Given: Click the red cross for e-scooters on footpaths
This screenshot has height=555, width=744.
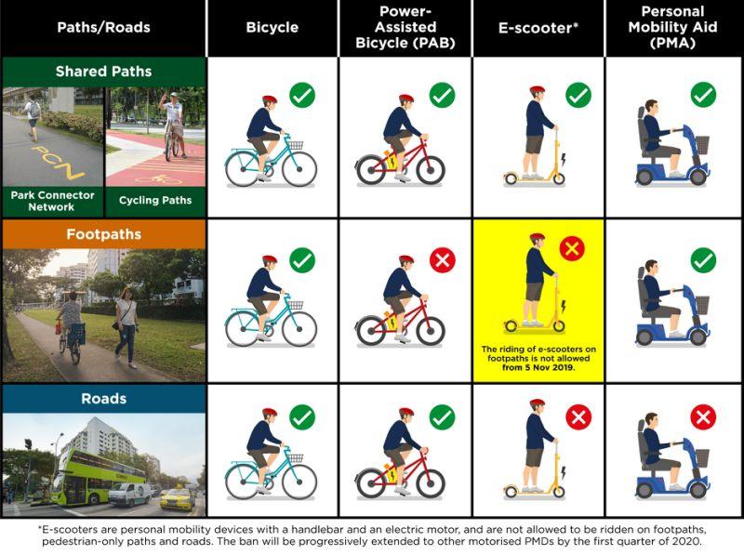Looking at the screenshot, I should pos(571,248).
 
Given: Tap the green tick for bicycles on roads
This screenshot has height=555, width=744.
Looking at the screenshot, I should pos(302,417).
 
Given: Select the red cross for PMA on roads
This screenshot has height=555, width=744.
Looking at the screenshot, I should pos(703,417).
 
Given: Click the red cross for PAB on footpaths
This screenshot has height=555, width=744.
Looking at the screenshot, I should pos(442,261).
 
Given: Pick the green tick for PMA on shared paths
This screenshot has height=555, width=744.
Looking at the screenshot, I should pos(703,94).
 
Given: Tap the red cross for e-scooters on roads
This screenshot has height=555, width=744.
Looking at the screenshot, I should pos(578,417).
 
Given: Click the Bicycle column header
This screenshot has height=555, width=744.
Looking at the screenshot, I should pos(272,27).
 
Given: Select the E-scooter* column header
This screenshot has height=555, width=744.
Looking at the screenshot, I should pos(538,27).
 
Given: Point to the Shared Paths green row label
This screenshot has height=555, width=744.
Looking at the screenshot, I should pos(103,72).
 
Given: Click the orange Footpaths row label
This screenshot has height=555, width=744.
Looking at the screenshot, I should pos(103,234).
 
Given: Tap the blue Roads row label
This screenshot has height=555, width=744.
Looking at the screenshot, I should pos(103,399).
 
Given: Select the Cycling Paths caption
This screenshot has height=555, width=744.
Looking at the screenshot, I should pos(155,200).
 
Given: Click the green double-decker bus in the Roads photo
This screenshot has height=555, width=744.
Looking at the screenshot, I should pos(97,479).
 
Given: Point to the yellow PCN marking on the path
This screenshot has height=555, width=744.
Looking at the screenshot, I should pos(57,158).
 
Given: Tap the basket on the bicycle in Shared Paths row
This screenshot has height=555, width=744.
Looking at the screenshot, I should pos(296,144).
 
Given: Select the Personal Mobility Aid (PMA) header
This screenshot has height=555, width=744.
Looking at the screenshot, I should pos(671,27).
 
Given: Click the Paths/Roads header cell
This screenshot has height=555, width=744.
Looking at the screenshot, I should pos(103,27).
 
